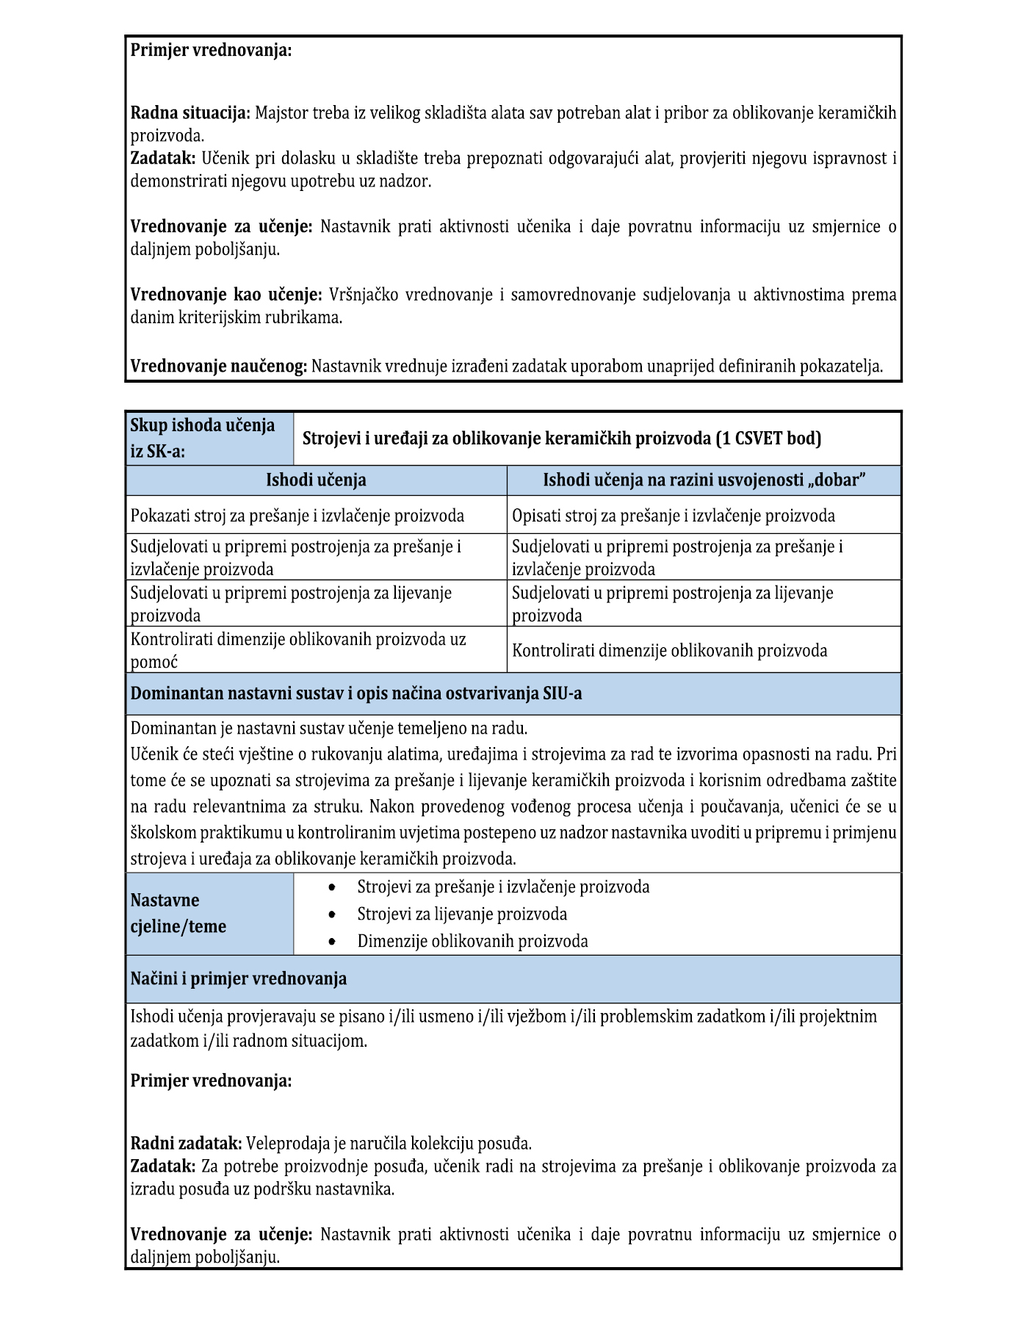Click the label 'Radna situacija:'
(190, 113)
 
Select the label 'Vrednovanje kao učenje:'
(226, 295)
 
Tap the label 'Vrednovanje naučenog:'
(219, 366)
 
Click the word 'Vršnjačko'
(364, 295)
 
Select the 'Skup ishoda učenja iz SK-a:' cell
(209, 438)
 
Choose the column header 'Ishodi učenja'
(316, 480)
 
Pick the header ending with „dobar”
(704, 480)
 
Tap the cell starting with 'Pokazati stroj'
(297, 516)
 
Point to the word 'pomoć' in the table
(154, 662)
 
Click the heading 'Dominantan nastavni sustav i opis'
(356, 693)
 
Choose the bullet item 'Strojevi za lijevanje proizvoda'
(462, 914)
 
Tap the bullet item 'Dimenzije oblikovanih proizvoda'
(472, 941)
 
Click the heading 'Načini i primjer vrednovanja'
(239, 978)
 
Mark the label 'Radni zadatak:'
(186, 1143)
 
